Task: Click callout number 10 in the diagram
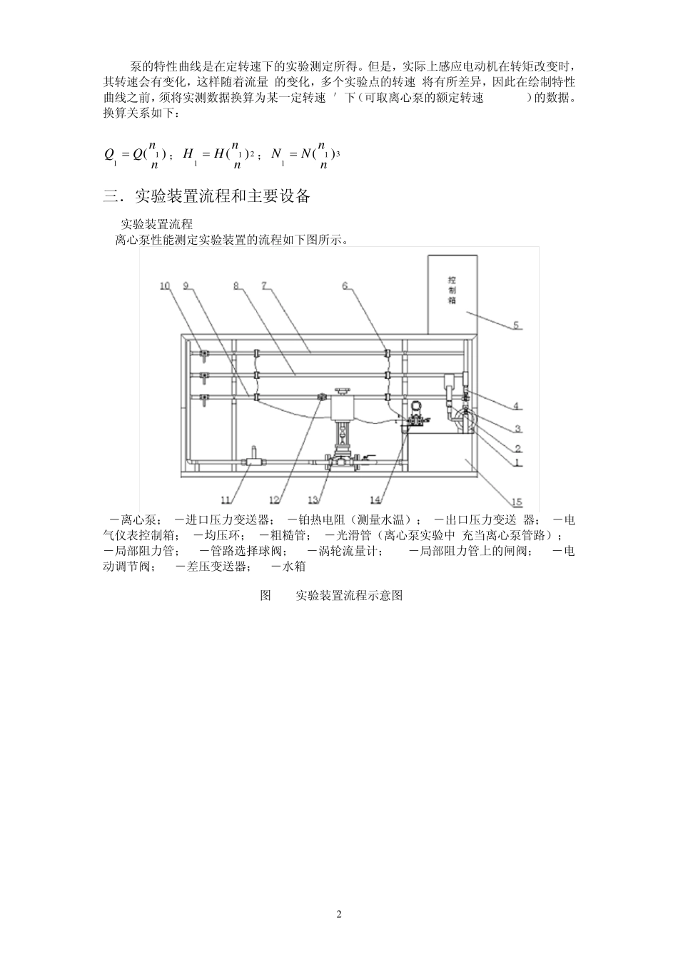point(165,286)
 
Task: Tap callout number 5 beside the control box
point(516,325)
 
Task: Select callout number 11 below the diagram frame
point(226,498)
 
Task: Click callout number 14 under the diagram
point(377,498)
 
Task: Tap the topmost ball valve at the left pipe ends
point(204,354)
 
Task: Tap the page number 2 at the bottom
point(339,915)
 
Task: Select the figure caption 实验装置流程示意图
point(350,595)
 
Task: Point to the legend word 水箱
point(294,566)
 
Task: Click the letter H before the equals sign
point(188,153)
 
